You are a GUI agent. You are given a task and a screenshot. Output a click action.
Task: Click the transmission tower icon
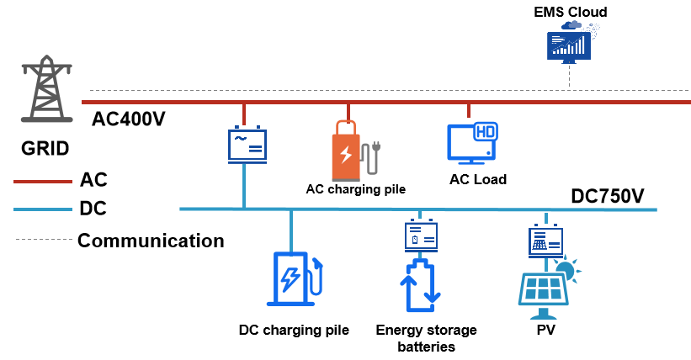(x=46, y=89)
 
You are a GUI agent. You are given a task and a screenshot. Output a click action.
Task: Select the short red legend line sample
(x=43, y=182)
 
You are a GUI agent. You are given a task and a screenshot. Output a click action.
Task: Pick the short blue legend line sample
(x=43, y=209)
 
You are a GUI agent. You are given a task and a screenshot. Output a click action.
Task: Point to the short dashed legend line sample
(x=44, y=240)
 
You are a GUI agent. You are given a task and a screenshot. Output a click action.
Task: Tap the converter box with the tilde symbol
(x=247, y=144)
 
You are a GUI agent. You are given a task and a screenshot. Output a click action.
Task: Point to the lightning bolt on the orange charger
(x=345, y=155)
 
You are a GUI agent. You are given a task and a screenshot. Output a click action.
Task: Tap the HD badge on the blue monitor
(x=486, y=131)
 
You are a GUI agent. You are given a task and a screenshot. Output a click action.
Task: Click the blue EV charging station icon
(x=293, y=278)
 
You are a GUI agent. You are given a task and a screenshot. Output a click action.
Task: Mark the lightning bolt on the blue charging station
(x=290, y=278)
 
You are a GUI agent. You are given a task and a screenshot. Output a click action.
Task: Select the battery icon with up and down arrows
(x=420, y=287)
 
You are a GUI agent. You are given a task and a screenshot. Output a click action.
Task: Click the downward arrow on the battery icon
(x=433, y=295)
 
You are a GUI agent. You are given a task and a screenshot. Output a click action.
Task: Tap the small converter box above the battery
(x=421, y=236)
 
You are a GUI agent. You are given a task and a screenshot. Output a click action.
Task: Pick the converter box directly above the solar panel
(x=545, y=241)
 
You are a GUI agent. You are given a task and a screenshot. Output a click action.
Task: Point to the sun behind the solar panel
(x=566, y=269)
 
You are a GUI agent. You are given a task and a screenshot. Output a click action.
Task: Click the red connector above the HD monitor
(x=469, y=110)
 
